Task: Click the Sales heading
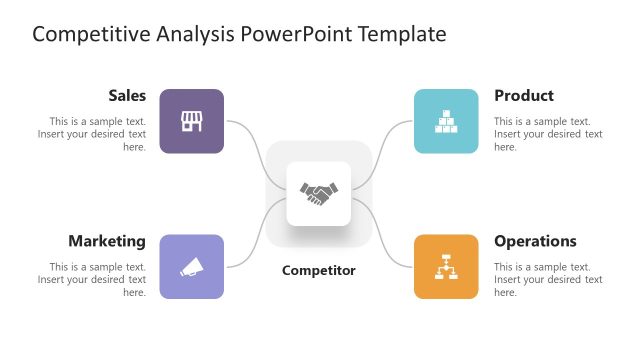point(127,96)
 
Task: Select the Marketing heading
point(107,241)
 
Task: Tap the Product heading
point(523,96)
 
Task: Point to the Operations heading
point(535,241)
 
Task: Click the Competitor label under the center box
point(318,270)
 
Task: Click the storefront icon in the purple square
point(191,121)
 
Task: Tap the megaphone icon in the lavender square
point(191,267)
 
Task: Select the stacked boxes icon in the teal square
point(446,121)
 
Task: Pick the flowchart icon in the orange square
point(446,267)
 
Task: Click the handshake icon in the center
point(319,193)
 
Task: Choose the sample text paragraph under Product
point(547,134)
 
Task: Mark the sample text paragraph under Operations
point(547,279)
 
